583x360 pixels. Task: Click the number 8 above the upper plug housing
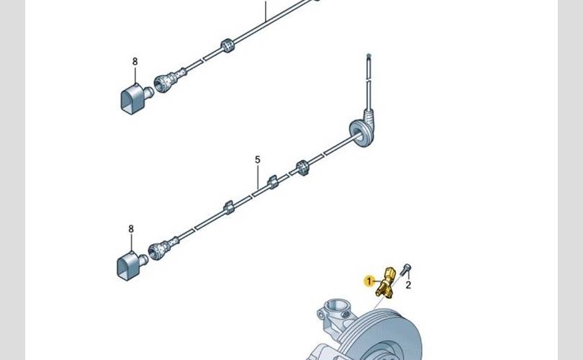(135, 61)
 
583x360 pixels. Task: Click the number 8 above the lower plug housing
(131, 229)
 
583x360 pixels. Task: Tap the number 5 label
(258, 160)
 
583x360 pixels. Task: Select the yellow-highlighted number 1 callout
(369, 281)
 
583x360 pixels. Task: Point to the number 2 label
(408, 285)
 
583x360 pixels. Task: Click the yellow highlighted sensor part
(384, 282)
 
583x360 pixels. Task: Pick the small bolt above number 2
(405, 269)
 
